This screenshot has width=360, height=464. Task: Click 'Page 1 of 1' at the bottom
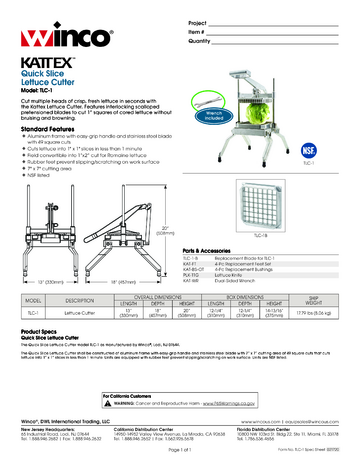(x=180, y=454)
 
